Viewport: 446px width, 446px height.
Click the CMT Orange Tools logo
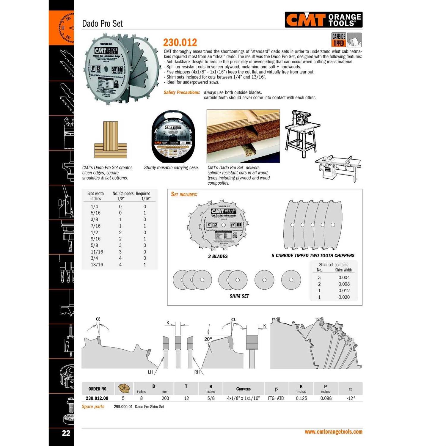point(323,20)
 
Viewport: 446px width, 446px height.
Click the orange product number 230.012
point(180,43)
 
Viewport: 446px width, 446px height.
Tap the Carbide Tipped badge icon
point(339,40)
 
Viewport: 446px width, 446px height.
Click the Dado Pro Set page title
point(102,23)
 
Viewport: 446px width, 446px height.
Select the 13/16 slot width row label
point(97,265)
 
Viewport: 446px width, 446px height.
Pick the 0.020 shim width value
point(344,297)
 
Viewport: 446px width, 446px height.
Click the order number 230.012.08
point(97,398)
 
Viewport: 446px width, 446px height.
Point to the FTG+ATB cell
point(276,398)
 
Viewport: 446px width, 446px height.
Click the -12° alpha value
point(351,398)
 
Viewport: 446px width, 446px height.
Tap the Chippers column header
point(243,389)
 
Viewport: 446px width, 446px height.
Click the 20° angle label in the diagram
point(208,339)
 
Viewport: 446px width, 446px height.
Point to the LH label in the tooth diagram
point(150,372)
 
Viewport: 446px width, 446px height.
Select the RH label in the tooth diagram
point(197,372)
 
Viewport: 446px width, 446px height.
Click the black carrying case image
point(173,136)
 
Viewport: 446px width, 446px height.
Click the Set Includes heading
point(184,194)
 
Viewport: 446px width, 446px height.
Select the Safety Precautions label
point(182,92)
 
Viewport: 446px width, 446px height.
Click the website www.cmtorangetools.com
point(333,432)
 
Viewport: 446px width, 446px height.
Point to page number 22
point(66,433)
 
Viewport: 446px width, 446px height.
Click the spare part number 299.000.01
point(123,407)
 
